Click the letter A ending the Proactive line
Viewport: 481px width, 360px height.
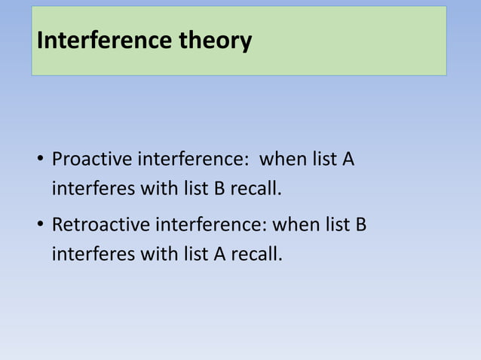[348, 160]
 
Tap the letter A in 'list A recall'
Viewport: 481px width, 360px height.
[219, 254]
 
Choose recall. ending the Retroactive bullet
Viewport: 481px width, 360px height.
[256, 254]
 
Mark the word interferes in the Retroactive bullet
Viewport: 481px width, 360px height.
[92, 254]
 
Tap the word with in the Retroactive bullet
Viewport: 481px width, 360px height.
[156, 254]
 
